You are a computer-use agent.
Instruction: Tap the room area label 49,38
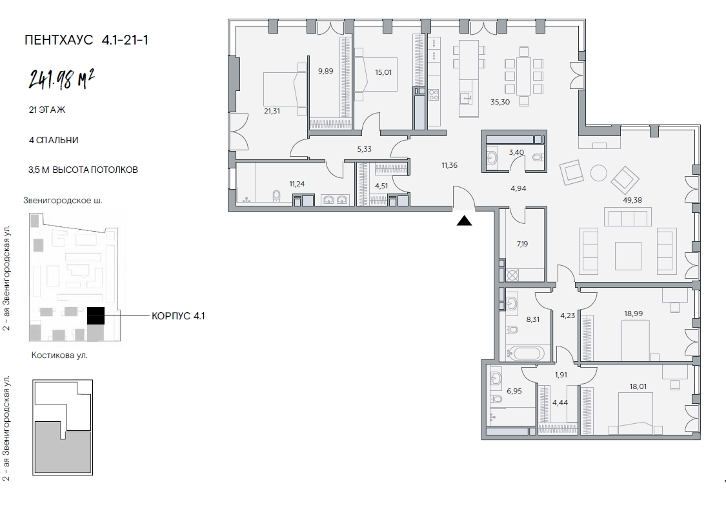pyautogui.click(x=632, y=200)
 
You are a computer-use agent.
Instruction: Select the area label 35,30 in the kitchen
pyautogui.click(x=500, y=102)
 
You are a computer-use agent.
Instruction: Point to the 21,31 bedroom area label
pyautogui.click(x=272, y=111)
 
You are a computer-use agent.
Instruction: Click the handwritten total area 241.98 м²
pyautogui.click(x=62, y=79)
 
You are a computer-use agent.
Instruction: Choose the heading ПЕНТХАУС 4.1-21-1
pyautogui.click(x=86, y=40)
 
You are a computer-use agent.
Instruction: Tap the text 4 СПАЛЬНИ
pyautogui.click(x=54, y=140)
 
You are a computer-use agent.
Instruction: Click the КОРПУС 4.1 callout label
pyautogui.click(x=178, y=316)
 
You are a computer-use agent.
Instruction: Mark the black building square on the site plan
pyautogui.click(x=96, y=315)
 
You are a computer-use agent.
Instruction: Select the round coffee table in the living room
pyautogui.click(x=599, y=173)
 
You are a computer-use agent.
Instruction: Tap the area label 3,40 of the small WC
pyautogui.click(x=516, y=152)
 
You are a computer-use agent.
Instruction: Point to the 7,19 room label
pyautogui.click(x=522, y=244)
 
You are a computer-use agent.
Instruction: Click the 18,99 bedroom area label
pyautogui.click(x=634, y=314)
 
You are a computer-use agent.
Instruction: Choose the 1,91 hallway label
pyautogui.click(x=561, y=375)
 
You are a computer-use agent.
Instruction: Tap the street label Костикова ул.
pyautogui.click(x=59, y=355)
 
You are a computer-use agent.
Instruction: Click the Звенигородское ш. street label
pyautogui.click(x=63, y=201)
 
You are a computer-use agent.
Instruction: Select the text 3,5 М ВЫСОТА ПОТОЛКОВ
pyautogui.click(x=83, y=170)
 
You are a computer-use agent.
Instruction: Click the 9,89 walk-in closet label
pyautogui.click(x=325, y=71)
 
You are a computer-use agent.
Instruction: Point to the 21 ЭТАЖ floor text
pyautogui.click(x=46, y=110)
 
